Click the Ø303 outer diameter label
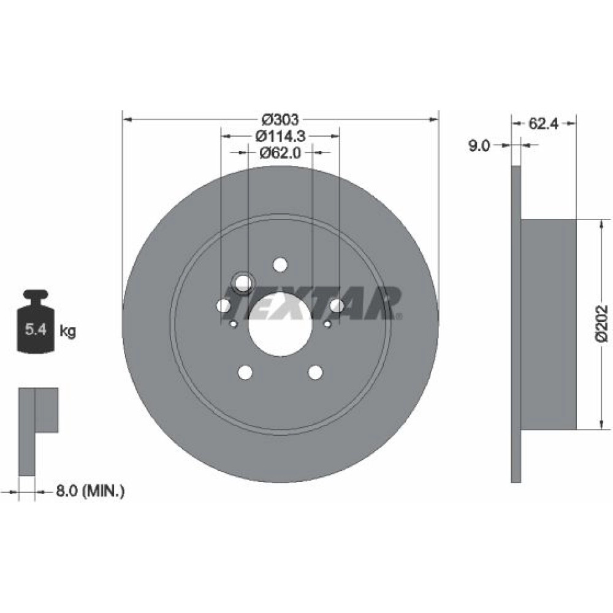point(280,119)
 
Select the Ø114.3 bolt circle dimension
point(280,136)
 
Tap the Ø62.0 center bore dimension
point(280,153)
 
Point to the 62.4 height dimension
point(543,124)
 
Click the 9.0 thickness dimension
point(479,146)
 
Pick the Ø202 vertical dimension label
point(602,324)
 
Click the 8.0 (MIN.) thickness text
point(90,490)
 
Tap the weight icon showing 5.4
point(36,321)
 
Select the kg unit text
point(67,332)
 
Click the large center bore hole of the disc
point(280,324)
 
